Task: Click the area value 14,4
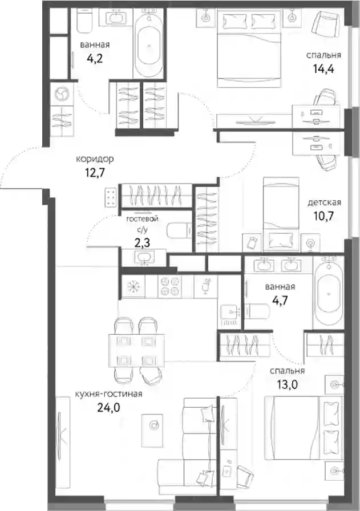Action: click(x=323, y=69)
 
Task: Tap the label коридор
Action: click(x=95, y=159)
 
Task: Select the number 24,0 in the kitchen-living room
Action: click(x=108, y=407)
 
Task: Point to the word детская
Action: click(x=324, y=202)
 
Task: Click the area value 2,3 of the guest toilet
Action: click(x=142, y=242)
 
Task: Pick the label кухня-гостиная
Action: click(x=108, y=394)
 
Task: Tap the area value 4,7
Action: click(x=280, y=300)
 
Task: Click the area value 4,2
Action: click(x=95, y=58)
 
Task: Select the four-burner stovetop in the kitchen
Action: click(x=170, y=286)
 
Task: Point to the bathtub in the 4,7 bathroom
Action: click(x=328, y=292)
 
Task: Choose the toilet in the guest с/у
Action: click(x=179, y=231)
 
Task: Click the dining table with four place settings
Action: click(x=136, y=350)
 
